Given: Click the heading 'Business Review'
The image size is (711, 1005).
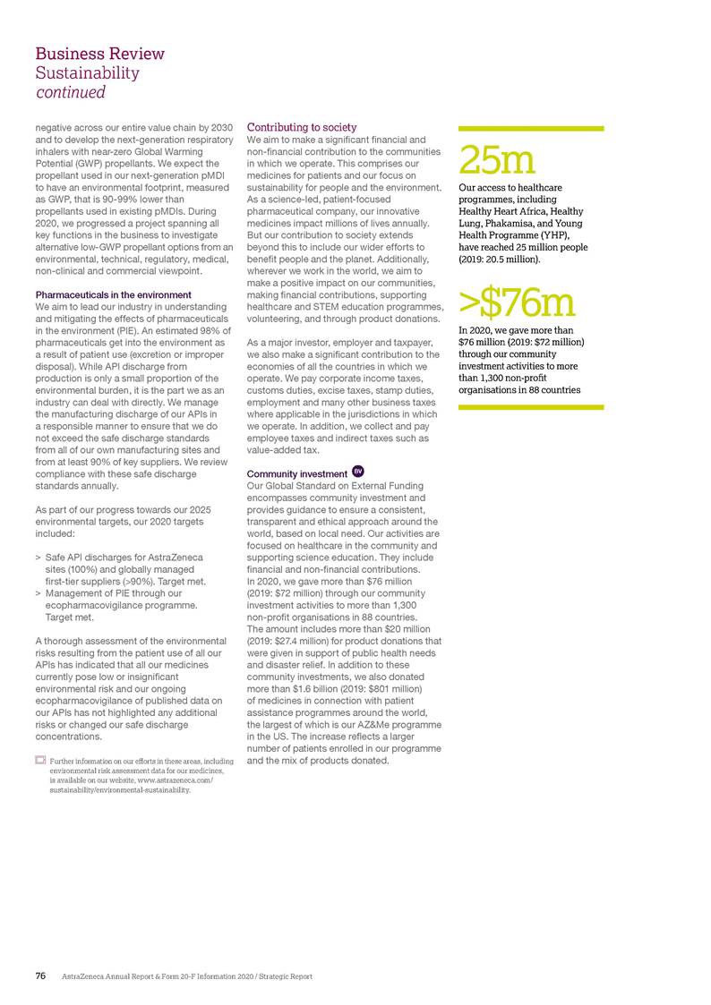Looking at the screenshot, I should [x=99, y=54].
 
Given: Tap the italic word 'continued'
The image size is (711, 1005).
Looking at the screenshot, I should [x=71, y=92].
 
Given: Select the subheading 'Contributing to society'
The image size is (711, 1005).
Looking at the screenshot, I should [x=302, y=128].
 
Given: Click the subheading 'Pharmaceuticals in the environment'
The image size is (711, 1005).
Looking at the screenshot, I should [x=113, y=294].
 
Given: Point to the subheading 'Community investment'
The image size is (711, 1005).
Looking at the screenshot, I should [x=296, y=473].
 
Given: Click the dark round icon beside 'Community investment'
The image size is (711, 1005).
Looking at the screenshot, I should [x=357, y=472].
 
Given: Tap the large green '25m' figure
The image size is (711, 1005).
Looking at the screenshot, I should [x=498, y=161].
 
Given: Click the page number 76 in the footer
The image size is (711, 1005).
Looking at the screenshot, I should [x=41, y=976].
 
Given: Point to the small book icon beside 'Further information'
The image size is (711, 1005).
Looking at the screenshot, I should [x=40, y=760].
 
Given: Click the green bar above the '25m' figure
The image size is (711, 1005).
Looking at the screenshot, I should [x=531, y=129].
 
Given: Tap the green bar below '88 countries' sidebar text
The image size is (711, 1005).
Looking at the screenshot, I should [x=531, y=407].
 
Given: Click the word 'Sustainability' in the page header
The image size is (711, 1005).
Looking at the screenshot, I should [x=88, y=72].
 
